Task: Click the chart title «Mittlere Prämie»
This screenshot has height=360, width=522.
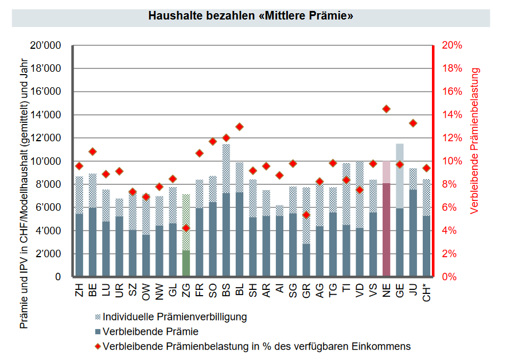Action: point(251,16)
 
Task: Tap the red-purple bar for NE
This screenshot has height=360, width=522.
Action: point(386,230)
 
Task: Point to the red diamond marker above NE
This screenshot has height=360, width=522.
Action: point(386,109)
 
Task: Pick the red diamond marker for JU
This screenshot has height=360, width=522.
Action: point(413,123)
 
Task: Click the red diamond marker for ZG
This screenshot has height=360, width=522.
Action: point(186,228)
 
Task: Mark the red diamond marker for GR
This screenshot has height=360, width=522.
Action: point(306,215)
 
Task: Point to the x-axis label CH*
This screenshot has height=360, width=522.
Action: point(427,291)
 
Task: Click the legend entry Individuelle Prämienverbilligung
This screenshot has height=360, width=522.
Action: point(175,316)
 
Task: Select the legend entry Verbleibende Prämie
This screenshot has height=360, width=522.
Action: point(150,331)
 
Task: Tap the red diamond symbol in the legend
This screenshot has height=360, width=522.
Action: point(98,346)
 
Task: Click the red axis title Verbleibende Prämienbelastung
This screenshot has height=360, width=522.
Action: point(474,141)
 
